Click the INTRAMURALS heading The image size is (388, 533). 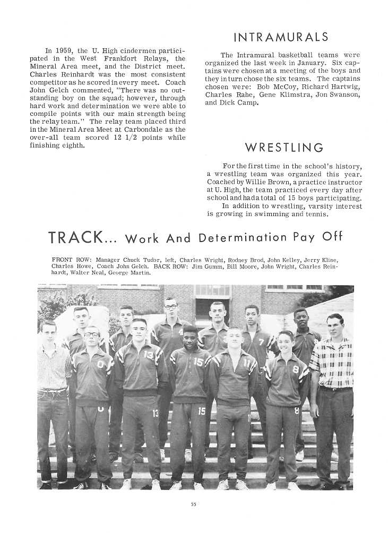point(281,37)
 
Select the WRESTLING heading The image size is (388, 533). point(283,147)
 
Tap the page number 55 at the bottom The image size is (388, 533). point(194,504)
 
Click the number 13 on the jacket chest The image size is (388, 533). point(149,355)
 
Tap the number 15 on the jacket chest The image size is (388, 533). point(199,362)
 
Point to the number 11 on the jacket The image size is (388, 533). point(246,363)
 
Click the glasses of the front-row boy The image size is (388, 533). point(92,334)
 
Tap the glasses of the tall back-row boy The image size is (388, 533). point(170,307)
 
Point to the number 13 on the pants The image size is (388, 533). point(156,413)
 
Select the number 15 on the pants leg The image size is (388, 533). point(201,411)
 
